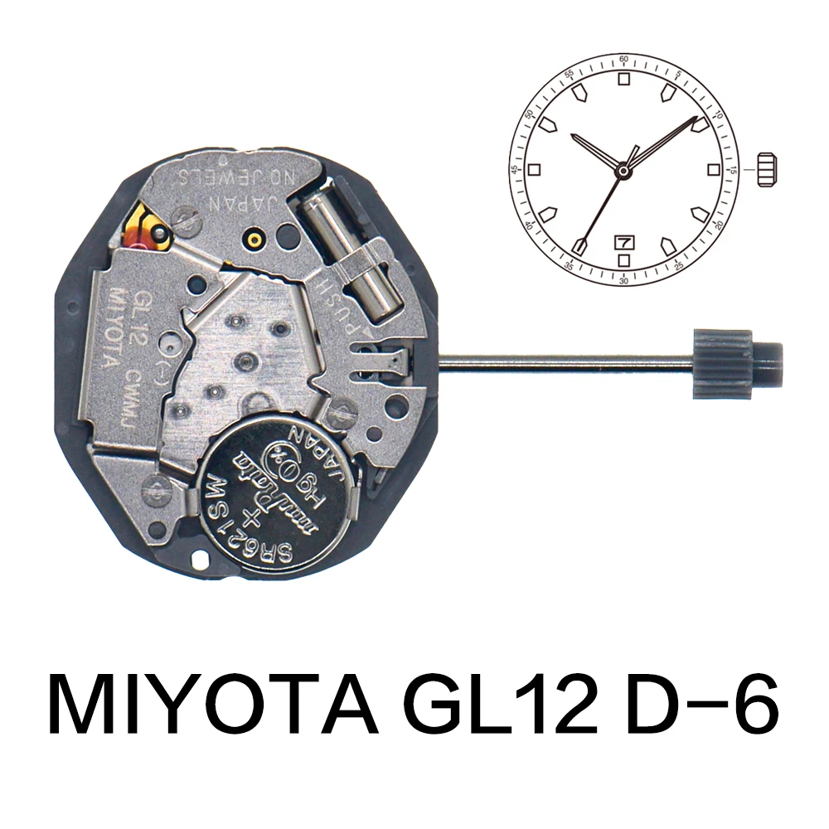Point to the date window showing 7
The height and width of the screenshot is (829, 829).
point(623,242)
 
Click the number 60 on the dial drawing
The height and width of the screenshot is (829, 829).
point(623,60)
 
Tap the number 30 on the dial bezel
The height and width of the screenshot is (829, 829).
point(623,280)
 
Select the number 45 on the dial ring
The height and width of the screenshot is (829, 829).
point(514,170)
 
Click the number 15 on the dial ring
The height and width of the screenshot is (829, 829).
point(734,170)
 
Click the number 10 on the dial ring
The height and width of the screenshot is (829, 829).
point(718,114)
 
